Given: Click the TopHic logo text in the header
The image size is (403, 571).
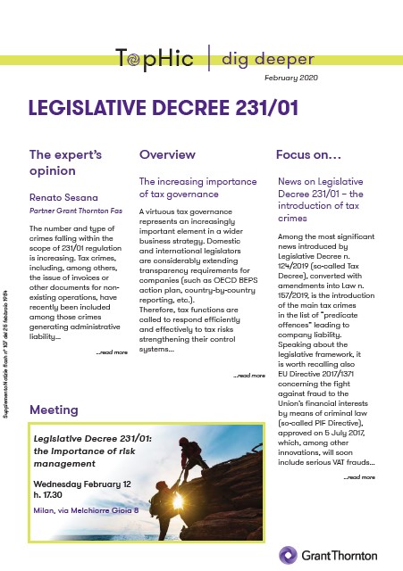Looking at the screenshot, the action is [x=158, y=60].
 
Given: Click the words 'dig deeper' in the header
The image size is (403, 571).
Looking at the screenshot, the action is [x=267, y=60].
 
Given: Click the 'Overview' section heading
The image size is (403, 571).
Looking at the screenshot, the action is [x=167, y=153].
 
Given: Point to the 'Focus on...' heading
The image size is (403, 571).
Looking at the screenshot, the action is [x=308, y=153].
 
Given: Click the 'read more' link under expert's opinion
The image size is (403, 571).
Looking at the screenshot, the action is [x=112, y=352].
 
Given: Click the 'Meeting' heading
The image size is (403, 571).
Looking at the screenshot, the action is [x=54, y=410].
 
